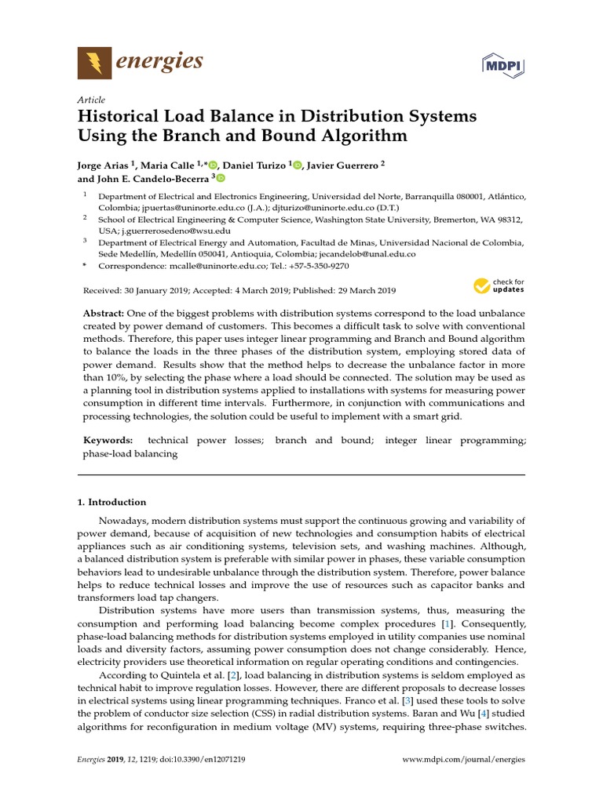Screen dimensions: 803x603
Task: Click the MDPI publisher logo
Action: tap(502, 63)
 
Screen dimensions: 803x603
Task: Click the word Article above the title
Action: tap(92, 100)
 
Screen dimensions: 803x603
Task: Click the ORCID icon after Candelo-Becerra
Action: tap(221, 179)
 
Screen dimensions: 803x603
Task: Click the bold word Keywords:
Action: tap(108, 441)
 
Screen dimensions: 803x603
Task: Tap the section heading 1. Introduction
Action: tap(111, 502)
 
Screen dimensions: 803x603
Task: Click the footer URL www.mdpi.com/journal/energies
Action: tap(463, 760)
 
